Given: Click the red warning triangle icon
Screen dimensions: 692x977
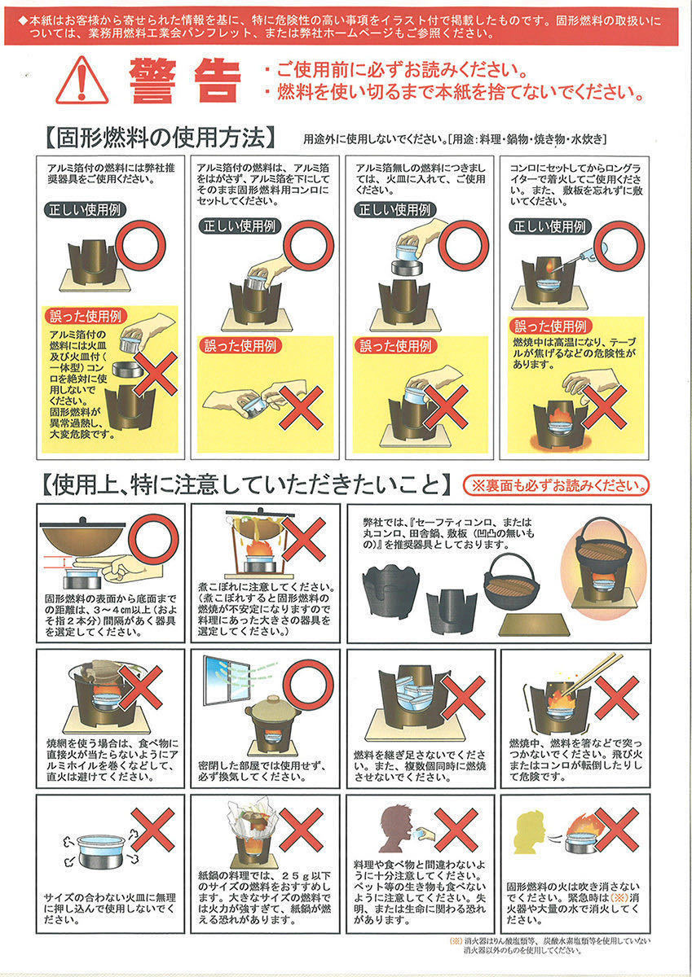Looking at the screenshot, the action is click(x=82, y=81).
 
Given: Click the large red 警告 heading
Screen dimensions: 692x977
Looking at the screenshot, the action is click(x=185, y=81).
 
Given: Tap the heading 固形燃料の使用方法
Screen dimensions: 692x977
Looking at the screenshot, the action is click(x=161, y=138).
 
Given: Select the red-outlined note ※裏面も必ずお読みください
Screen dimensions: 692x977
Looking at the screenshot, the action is click(x=556, y=485).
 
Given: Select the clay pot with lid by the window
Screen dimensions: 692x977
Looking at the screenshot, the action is click(x=273, y=710).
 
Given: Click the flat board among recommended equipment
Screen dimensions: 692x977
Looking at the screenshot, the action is click(x=535, y=625).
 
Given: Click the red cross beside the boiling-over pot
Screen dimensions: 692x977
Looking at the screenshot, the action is click(x=303, y=539).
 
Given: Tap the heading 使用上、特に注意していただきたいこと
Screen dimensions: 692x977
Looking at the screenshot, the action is click(x=247, y=484).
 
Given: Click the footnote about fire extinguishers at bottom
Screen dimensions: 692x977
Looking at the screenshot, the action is click(x=549, y=945).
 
